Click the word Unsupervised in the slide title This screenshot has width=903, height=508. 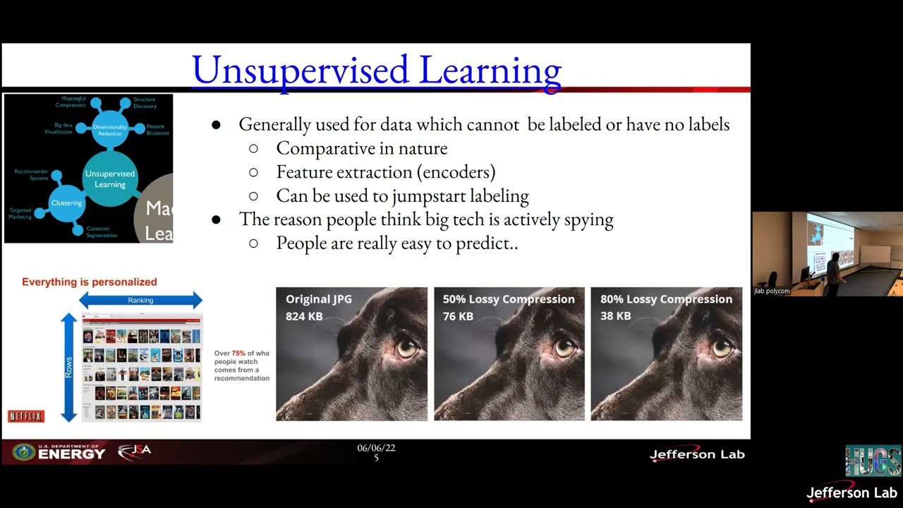[x=300, y=70]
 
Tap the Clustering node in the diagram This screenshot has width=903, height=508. [x=67, y=203]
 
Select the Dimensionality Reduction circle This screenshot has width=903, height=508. [x=110, y=130]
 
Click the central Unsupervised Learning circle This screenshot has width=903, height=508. [x=110, y=179]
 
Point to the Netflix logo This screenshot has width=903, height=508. [x=26, y=416]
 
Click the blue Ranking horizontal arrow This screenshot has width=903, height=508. [x=140, y=301]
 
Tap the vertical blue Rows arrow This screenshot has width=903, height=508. [x=68, y=367]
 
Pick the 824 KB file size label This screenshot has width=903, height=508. [x=304, y=316]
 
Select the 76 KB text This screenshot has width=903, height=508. [x=458, y=316]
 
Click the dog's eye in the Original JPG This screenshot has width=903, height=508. [x=407, y=348]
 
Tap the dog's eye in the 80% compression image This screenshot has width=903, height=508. [x=722, y=348]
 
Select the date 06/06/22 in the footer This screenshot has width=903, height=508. [x=376, y=448]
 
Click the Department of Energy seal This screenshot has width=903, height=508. [x=23, y=452]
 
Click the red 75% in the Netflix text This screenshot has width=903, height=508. [x=238, y=353]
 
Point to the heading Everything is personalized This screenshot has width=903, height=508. [x=90, y=282]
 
